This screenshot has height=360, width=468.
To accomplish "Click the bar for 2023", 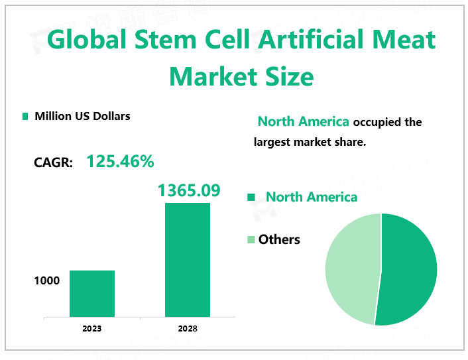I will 92,293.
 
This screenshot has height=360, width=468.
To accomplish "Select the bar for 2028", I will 188,259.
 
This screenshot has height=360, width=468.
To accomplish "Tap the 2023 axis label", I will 92,328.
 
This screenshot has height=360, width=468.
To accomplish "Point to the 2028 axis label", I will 188,328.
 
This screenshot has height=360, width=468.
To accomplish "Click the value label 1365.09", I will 188,190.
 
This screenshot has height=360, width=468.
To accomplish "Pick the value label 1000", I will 46,280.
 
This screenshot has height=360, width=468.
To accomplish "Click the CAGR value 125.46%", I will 120,161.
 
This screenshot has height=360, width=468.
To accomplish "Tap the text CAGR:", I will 53,162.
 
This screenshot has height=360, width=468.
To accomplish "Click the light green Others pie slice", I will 350,265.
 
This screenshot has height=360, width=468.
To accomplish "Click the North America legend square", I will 251,198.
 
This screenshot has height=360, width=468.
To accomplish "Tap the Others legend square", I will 251,239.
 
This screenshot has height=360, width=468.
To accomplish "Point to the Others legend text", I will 279,239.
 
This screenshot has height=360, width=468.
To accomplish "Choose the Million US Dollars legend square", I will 25,117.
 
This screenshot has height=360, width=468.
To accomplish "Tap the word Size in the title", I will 290,77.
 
